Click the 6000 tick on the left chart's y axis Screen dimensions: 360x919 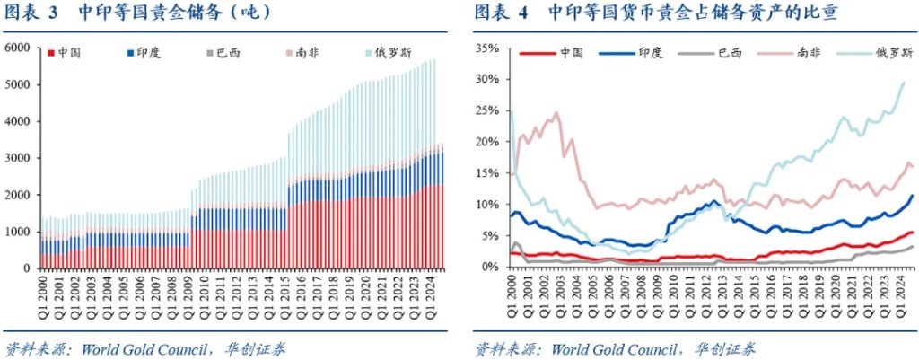pos(18,48)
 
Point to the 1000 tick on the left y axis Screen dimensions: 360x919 pos(18,231)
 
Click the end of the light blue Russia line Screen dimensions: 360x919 pos(903,83)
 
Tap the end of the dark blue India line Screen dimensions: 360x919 pos(913,196)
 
